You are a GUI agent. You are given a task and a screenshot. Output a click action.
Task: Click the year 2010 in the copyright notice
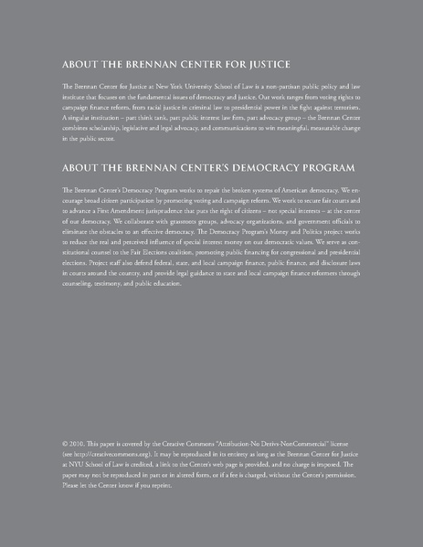tap(78, 453)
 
